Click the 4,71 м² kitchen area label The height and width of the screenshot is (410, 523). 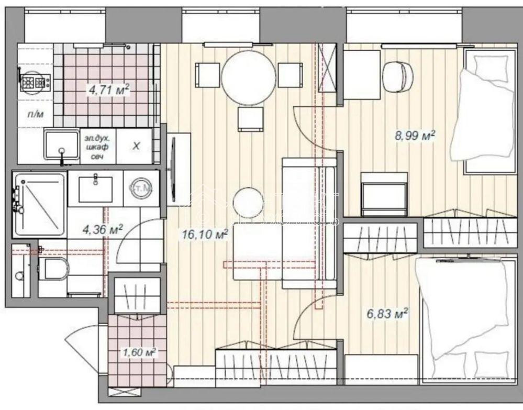click(x=108, y=90)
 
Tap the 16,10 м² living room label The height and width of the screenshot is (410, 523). click(x=204, y=234)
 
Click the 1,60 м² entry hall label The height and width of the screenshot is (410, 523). click(x=139, y=352)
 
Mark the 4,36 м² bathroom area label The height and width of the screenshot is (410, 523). click(x=103, y=229)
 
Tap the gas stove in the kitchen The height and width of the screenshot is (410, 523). click(x=35, y=82)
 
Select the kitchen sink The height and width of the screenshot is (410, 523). click(x=61, y=145)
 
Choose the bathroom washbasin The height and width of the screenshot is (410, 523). click(x=95, y=189)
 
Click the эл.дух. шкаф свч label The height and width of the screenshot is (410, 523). click(x=97, y=146)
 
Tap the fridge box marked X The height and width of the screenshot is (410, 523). click(x=136, y=146)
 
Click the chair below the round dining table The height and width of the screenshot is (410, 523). click(x=249, y=119)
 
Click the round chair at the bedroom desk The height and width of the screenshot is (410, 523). click(x=397, y=76)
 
